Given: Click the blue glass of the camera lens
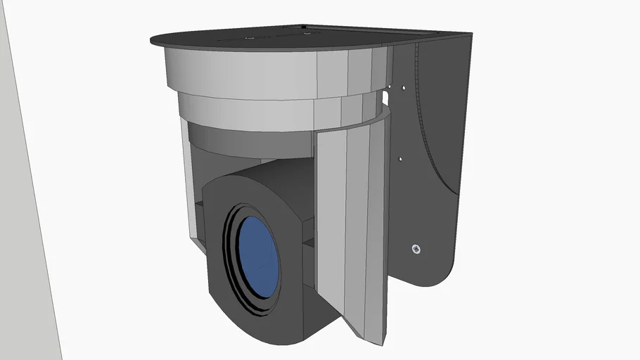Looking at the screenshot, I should pyautogui.click(x=257, y=256).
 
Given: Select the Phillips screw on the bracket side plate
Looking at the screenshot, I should pyautogui.click(x=416, y=249).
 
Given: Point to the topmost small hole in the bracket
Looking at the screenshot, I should pyautogui.click(x=404, y=88).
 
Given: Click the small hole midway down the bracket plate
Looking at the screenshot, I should pyautogui.click(x=400, y=159).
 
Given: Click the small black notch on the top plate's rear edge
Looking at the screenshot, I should pyautogui.click(x=303, y=27).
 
